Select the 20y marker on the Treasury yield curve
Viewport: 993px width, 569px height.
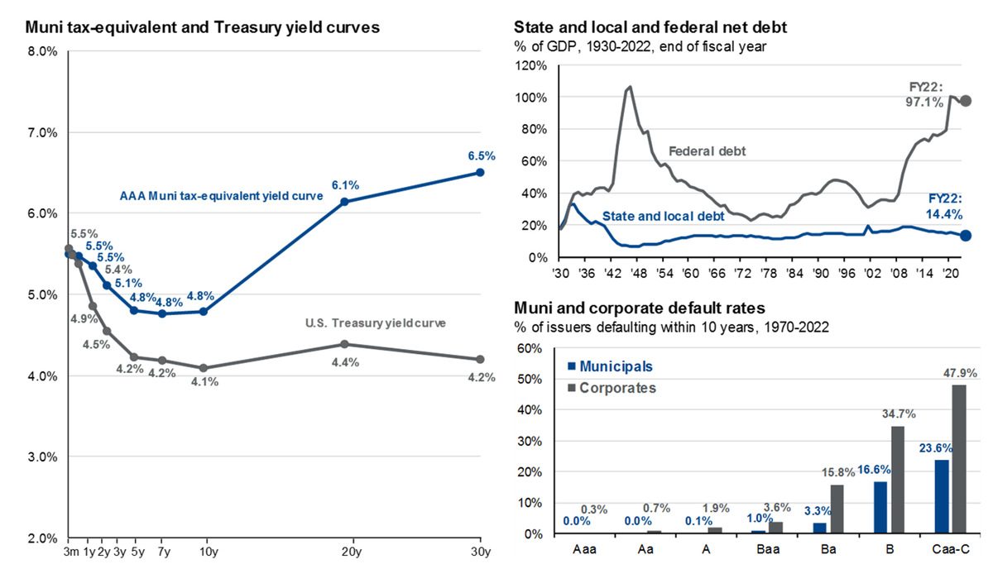[x=344, y=344]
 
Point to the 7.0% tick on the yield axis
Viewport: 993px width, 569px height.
[x=41, y=132]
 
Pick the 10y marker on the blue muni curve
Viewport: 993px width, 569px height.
[x=204, y=311]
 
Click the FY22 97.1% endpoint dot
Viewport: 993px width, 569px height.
[x=965, y=101]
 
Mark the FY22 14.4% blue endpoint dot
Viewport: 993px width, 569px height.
[x=965, y=235]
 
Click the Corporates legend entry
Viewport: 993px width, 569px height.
[x=613, y=387]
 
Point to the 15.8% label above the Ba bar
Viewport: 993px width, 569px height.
[x=837, y=472]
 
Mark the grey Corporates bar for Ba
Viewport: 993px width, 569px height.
[x=838, y=509]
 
